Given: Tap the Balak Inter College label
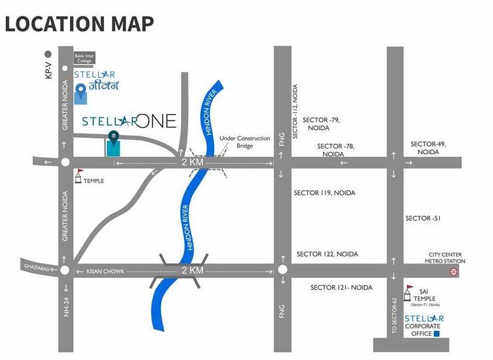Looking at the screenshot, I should tap(84, 59).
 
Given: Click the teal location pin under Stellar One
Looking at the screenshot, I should tap(113, 139).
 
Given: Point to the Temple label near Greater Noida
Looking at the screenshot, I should tap(94, 181).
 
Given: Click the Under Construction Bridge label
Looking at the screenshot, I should tap(244, 142).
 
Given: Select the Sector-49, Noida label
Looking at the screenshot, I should tap(428, 148).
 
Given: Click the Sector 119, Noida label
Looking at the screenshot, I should tap(324, 193).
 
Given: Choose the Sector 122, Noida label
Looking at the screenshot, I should tap(327, 254).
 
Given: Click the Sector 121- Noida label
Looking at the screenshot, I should tap(341, 287).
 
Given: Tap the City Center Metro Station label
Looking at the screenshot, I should tap(445, 258).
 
